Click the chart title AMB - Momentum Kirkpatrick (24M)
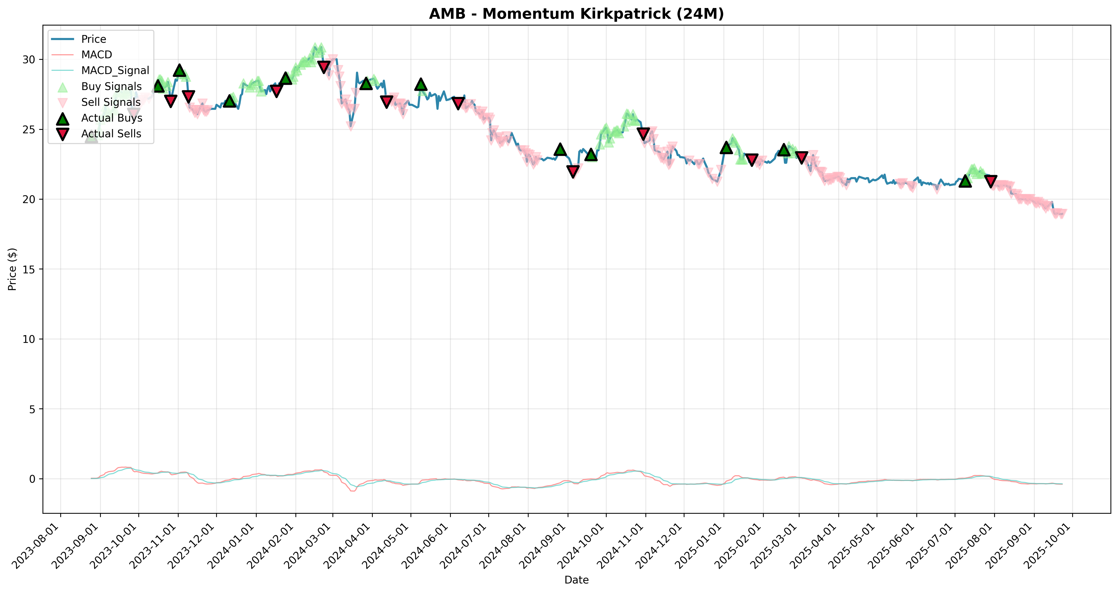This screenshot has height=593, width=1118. click(x=576, y=14)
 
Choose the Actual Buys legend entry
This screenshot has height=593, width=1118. click(x=96, y=118)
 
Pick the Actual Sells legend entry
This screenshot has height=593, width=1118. click(x=96, y=134)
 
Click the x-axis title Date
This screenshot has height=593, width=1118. click(x=576, y=580)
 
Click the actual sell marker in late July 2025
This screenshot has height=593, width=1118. click(x=991, y=181)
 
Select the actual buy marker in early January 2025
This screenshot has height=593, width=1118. click(x=726, y=148)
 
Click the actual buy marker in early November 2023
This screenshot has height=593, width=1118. click(x=180, y=70)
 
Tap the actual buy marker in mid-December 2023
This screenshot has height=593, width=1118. click(x=230, y=101)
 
